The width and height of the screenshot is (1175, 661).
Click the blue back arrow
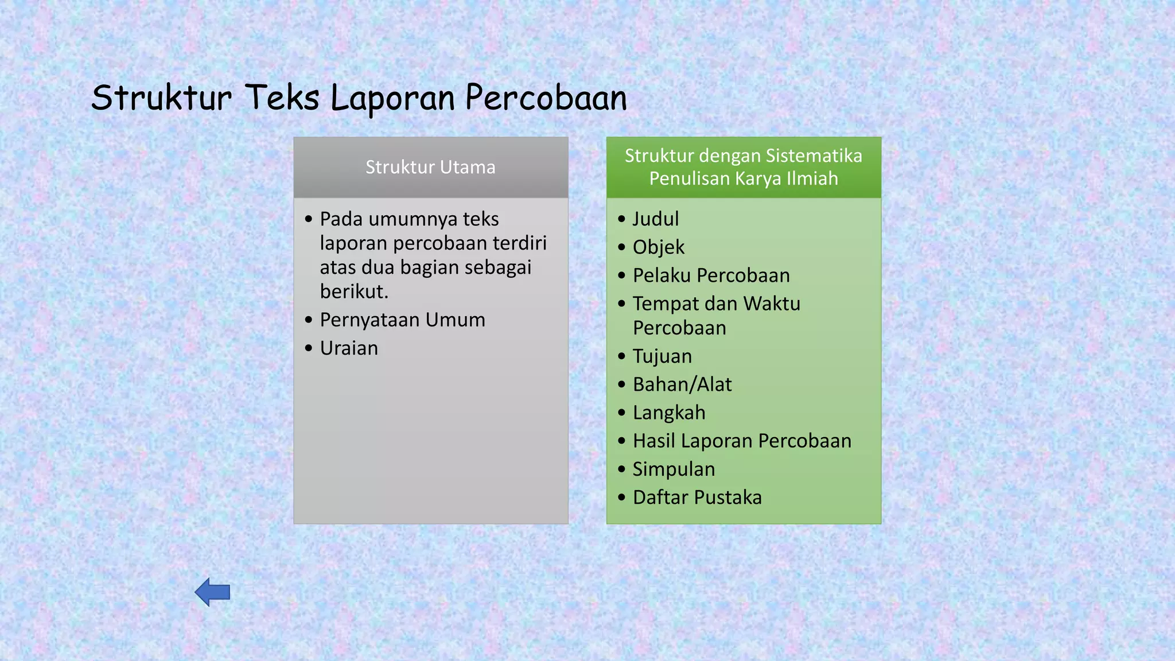(x=212, y=592)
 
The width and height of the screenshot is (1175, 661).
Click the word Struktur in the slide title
(x=162, y=98)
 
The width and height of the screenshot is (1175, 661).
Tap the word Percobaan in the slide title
(x=546, y=98)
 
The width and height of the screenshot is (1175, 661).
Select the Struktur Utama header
(x=430, y=167)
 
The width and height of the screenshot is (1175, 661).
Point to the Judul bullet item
(x=656, y=219)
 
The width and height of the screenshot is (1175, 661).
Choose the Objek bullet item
(x=659, y=247)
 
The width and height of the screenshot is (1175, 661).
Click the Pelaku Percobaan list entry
(x=711, y=275)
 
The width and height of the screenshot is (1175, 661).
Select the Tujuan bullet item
(x=662, y=356)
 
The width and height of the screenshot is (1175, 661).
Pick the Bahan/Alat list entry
(x=682, y=384)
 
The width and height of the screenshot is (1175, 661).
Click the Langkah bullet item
(x=669, y=413)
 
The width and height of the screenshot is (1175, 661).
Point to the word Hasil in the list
(x=653, y=441)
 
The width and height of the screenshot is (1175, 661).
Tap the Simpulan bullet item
(x=674, y=469)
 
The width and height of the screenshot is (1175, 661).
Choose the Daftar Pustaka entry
(x=697, y=497)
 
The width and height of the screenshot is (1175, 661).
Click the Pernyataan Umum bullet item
(x=402, y=320)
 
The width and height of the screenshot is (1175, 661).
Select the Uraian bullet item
(x=349, y=348)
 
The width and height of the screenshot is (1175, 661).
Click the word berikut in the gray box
(x=353, y=291)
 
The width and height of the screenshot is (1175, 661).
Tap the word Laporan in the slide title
(x=392, y=98)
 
